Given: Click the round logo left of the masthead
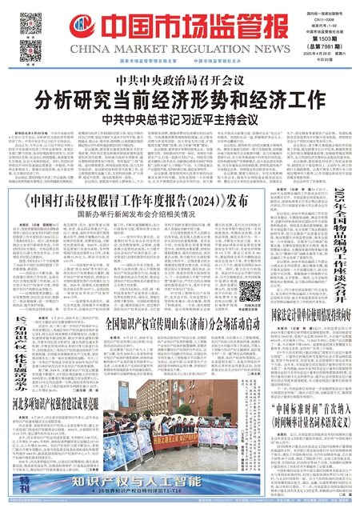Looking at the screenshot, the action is coord(77,30).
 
